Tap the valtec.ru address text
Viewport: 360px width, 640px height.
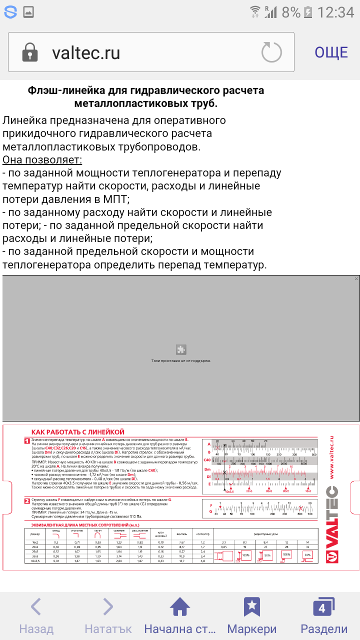86,53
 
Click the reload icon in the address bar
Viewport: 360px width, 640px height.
271,52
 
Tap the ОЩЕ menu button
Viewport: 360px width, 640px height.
331,52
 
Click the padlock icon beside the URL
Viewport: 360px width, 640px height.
30,52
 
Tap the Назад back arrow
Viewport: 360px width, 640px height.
36,607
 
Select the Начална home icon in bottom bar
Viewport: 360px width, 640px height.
180,607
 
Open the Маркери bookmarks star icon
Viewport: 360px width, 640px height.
251,607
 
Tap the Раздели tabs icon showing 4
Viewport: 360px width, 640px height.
323,607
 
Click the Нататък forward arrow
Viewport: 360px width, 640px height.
108,607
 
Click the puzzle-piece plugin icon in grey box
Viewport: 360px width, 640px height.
181,349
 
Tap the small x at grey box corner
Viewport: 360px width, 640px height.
356,278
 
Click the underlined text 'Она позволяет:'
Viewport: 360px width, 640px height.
42,159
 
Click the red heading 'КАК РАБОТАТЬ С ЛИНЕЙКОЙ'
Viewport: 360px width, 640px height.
77,432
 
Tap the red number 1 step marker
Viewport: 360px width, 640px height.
27,440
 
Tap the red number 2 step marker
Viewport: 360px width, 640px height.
27,501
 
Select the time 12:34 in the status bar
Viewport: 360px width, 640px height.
336,12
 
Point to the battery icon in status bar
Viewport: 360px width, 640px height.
308,12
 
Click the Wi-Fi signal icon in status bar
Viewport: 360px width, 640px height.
255,12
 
